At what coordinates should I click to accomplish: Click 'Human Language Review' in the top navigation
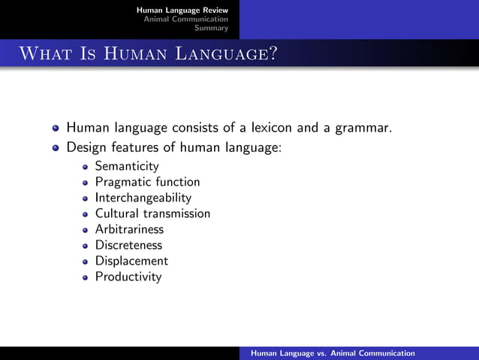click(182, 9)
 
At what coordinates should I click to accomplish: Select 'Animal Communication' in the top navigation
click(186, 19)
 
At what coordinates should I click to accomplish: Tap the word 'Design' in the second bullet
click(86, 147)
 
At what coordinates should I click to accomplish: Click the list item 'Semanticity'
click(127, 166)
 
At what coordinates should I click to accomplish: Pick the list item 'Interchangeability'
click(143, 198)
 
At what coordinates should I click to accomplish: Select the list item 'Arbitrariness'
click(129, 229)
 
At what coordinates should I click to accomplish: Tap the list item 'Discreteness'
click(128, 245)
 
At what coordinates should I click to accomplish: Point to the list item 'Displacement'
click(131, 261)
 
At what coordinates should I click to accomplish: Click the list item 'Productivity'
click(128, 277)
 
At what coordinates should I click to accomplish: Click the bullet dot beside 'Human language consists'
click(56, 129)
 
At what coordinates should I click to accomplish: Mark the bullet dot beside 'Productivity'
click(86, 277)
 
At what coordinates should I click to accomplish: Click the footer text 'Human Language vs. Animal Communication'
click(333, 353)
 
